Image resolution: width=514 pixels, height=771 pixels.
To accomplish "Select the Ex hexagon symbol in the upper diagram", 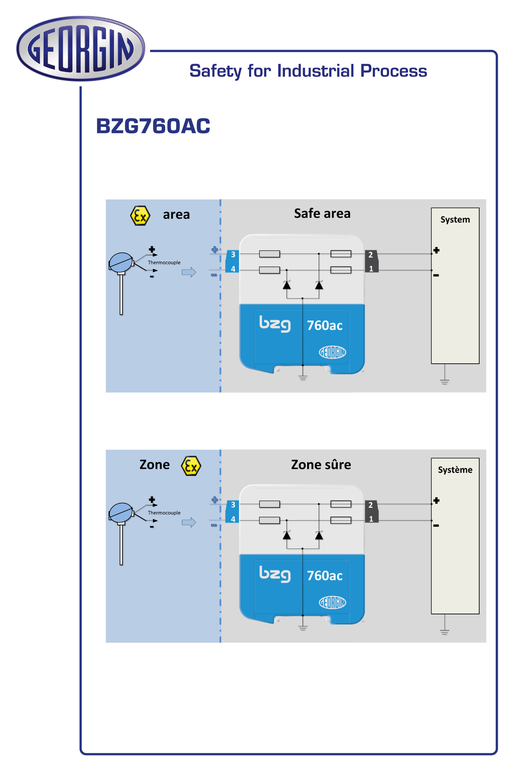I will click(140, 216).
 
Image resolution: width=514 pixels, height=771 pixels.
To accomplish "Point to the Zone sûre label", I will click(321, 465).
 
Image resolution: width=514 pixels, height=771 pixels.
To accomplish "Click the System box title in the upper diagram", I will click(455, 220).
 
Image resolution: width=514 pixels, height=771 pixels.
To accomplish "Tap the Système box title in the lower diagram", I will click(455, 470).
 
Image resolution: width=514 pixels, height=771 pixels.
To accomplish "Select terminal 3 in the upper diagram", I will click(233, 254).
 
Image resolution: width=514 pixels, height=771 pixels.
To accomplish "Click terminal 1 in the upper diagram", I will click(371, 269).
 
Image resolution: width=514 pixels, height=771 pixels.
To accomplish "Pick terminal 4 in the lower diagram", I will click(233, 519).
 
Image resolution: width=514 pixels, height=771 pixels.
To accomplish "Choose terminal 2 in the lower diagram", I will click(370, 505).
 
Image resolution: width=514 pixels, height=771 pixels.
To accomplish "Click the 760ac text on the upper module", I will click(324, 326).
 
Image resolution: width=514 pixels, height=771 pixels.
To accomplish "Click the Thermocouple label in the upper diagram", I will click(164, 263).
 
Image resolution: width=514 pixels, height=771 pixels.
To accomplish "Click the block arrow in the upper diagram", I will click(189, 272).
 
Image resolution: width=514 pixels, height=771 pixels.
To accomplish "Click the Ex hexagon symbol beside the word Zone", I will click(191, 466).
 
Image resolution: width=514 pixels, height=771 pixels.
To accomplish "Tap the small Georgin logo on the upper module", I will click(332, 352).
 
